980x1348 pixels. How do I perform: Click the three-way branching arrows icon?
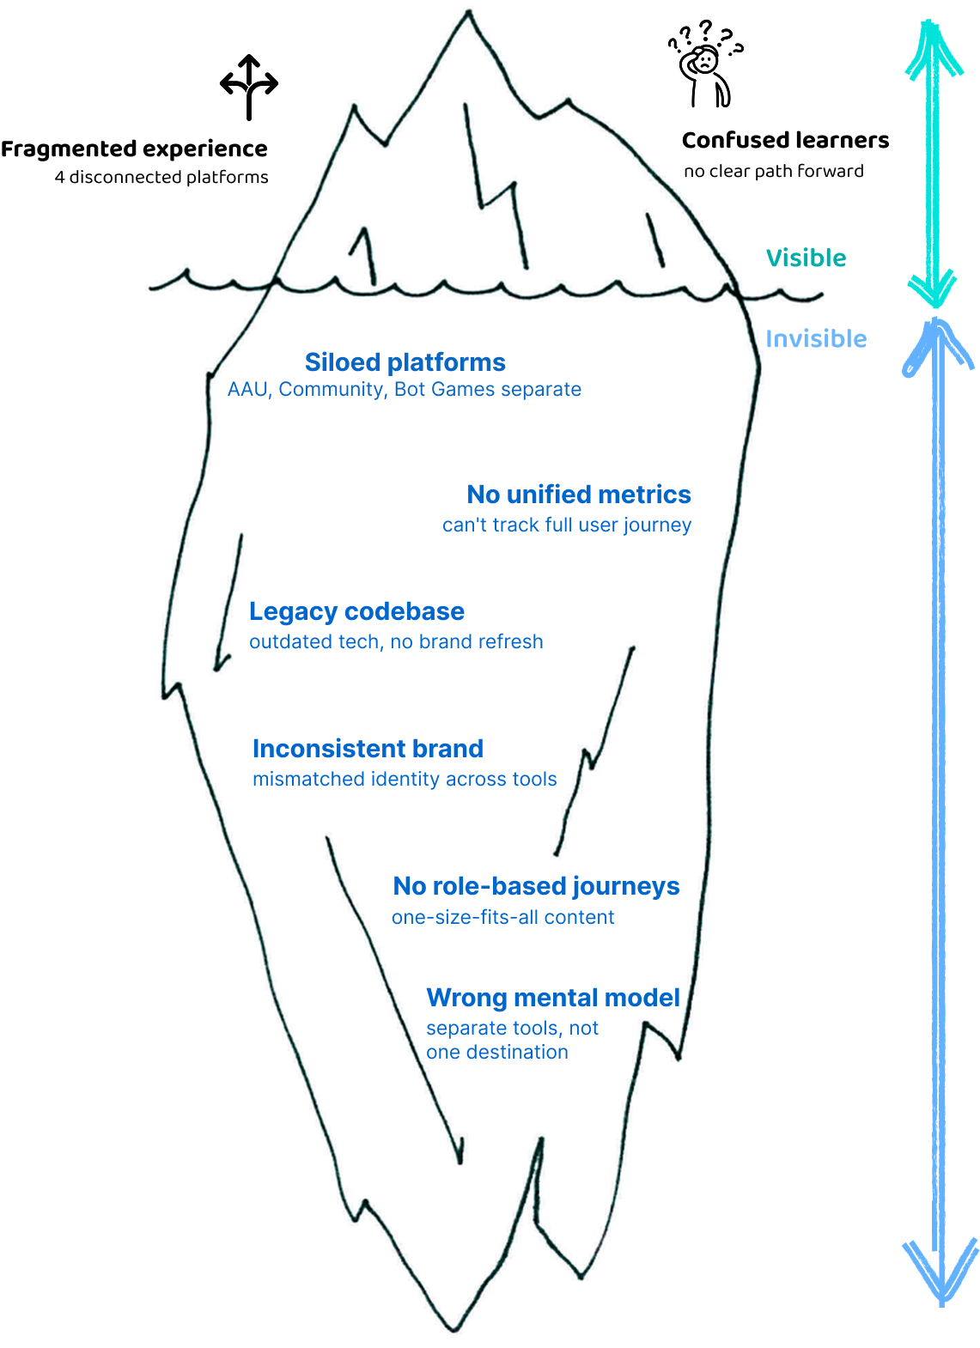click(x=249, y=87)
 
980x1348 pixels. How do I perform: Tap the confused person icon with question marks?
click(x=705, y=65)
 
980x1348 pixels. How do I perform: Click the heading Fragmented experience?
click(x=134, y=149)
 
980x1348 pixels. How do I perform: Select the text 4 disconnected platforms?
click(x=161, y=177)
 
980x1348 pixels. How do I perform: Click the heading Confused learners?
click(x=785, y=140)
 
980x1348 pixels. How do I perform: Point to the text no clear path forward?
click(x=773, y=171)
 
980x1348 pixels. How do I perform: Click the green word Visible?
click(x=806, y=258)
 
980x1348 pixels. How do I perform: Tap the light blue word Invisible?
click(x=816, y=338)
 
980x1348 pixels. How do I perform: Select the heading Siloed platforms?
click(x=405, y=362)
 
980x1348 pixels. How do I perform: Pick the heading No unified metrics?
click(x=578, y=495)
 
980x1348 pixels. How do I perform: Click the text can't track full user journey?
click(x=566, y=525)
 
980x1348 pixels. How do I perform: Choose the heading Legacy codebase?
click(x=356, y=611)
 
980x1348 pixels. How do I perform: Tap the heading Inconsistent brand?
click(x=368, y=749)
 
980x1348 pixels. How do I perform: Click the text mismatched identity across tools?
click(x=405, y=779)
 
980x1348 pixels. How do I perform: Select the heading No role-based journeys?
click(x=536, y=886)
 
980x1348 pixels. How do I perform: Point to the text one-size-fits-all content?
click(x=502, y=917)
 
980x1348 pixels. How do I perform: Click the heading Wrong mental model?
click(x=552, y=998)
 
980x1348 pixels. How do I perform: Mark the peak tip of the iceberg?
click(x=469, y=14)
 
